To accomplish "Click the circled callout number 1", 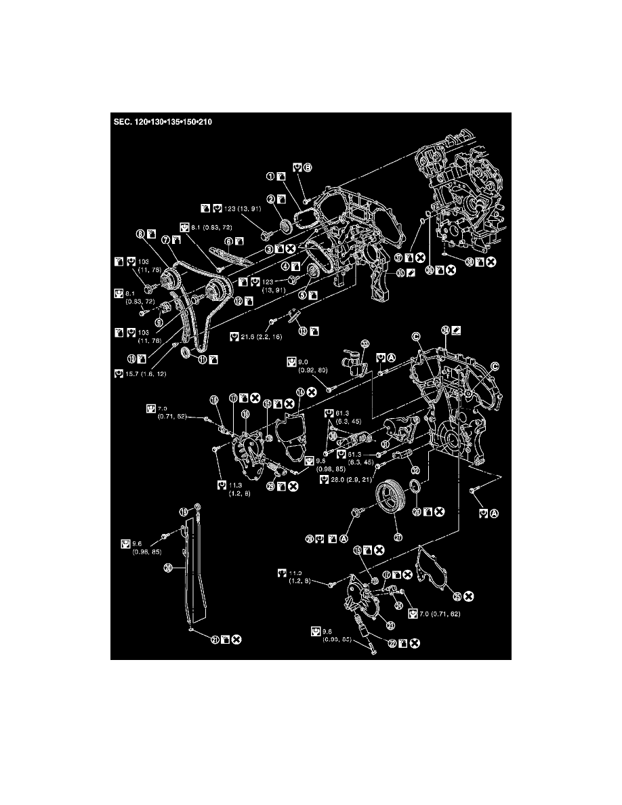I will click(270, 177).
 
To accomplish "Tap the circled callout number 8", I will click(140, 235).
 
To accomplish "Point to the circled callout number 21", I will click(214, 638).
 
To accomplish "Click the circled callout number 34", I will click(445, 330).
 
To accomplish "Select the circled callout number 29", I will click(270, 487).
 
